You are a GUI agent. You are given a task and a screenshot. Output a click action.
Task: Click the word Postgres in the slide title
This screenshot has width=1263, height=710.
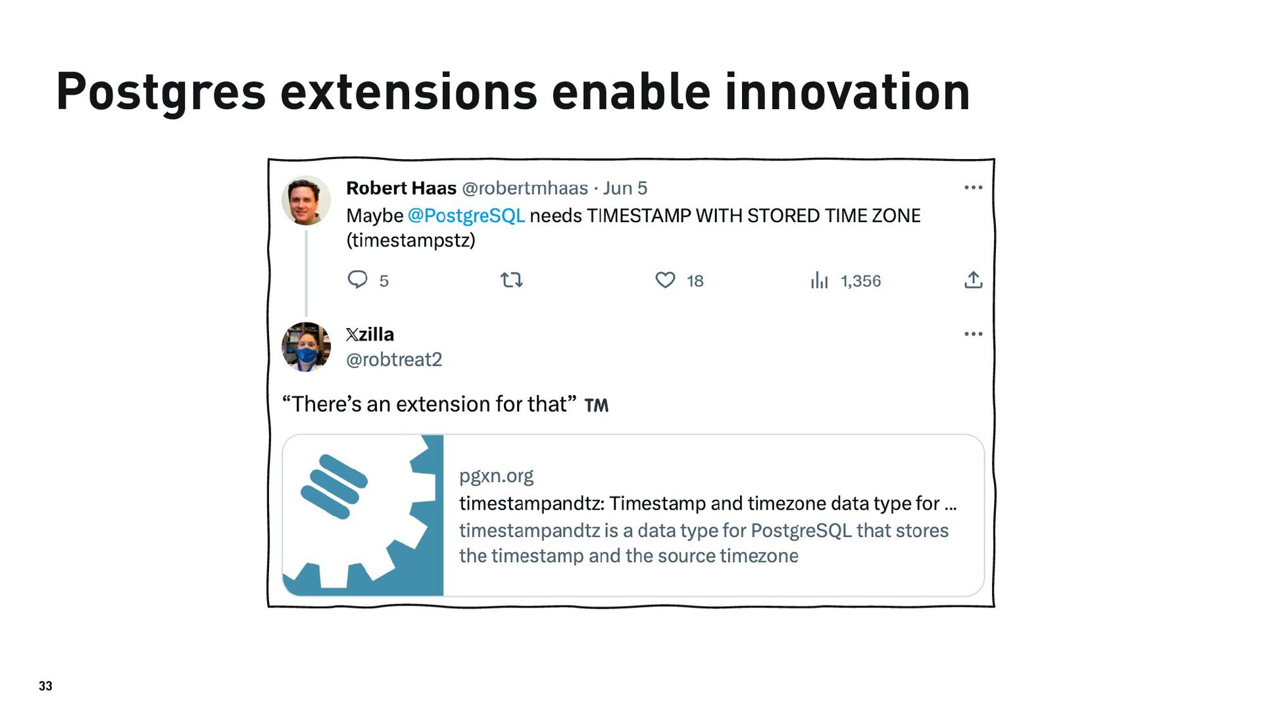161,92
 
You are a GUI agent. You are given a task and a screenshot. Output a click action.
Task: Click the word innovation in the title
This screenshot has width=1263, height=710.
847,91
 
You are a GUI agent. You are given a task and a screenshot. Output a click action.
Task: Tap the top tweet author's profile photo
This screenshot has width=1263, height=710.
306,201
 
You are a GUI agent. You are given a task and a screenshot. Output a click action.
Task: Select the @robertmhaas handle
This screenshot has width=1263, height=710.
525,188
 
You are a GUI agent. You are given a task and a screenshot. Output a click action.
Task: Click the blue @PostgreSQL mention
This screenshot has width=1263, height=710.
466,216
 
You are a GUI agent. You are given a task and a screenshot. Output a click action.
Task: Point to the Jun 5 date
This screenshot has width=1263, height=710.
625,188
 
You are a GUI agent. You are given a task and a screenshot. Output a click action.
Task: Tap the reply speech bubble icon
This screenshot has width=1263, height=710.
357,280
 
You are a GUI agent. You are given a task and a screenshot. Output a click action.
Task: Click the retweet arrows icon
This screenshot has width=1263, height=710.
512,281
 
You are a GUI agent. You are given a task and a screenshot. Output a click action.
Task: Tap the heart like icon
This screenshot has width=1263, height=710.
665,280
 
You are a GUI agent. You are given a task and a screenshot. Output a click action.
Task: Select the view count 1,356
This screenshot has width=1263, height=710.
860,281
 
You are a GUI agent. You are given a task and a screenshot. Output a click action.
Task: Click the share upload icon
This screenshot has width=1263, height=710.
974,280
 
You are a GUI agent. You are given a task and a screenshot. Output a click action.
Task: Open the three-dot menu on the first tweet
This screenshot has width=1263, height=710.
974,187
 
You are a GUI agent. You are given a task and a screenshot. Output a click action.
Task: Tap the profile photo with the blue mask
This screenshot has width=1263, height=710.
306,347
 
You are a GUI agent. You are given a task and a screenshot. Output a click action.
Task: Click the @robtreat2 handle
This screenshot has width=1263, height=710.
394,360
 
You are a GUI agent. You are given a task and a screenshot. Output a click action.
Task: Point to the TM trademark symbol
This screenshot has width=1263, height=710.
597,406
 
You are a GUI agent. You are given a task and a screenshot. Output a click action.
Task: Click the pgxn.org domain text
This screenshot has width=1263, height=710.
496,475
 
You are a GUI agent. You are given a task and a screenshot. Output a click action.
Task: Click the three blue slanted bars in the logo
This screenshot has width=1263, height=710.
334,486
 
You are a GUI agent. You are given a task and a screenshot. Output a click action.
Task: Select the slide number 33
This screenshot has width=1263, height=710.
45,686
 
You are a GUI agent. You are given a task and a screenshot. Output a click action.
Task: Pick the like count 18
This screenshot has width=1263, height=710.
695,281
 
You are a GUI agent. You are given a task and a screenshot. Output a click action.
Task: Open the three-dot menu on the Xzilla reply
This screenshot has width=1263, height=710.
974,334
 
